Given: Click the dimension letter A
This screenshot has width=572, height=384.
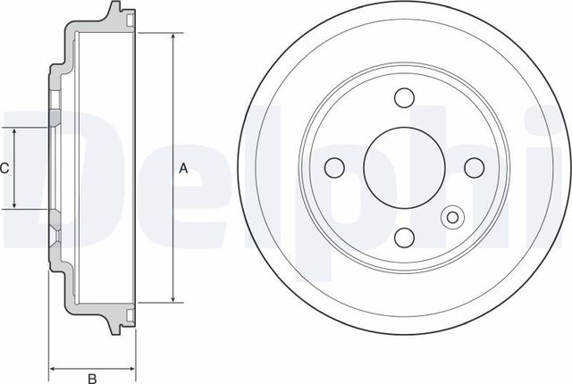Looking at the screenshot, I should tap(183, 168).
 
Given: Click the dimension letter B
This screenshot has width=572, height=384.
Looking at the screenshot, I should tap(91, 377).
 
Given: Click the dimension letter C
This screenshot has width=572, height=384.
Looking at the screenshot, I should tap(4, 168).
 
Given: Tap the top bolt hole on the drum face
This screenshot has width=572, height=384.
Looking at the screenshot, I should tap(405, 98).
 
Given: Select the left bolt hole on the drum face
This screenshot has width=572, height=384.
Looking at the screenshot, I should tap(336, 167).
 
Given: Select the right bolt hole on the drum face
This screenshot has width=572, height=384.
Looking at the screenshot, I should tap(474, 167).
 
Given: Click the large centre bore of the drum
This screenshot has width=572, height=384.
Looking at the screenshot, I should tap(405, 167).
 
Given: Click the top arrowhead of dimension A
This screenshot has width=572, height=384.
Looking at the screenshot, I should tap(172, 37).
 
